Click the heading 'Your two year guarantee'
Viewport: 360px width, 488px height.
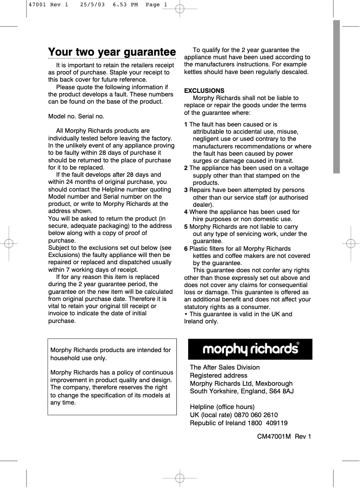click(x=112, y=52)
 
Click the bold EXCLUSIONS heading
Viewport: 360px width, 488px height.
click(x=204, y=91)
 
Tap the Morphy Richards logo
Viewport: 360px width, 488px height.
click(x=250, y=349)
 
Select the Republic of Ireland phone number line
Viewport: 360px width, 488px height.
click(x=238, y=423)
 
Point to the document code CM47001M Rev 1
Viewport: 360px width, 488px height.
click(x=284, y=436)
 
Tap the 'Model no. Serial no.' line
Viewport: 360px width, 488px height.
click(x=76, y=117)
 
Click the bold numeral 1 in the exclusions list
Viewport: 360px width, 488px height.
click(x=186, y=124)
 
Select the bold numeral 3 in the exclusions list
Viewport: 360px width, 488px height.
click(x=186, y=190)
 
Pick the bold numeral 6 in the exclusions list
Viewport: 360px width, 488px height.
click(x=186, y=248)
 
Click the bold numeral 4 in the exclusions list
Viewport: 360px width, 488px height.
click(x=186, y=212)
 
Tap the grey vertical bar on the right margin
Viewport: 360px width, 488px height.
click(x=336, y=96)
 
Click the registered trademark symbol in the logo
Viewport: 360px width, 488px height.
click(x=298, y=344)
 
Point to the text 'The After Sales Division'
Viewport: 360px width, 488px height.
click(x=224, y=367)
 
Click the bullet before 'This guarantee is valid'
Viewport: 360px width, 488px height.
click(x=186, y=314)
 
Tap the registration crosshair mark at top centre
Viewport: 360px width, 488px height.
click(x=180, y=8)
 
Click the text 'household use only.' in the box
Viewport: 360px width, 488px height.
click(x=79, y=358)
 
